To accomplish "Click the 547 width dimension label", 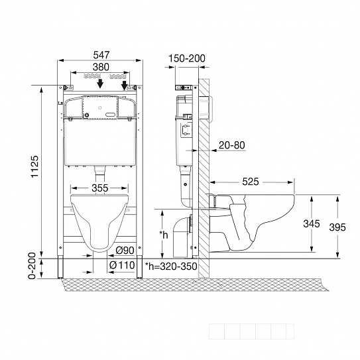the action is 101,55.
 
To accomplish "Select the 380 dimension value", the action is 101,67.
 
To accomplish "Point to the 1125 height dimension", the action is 35,166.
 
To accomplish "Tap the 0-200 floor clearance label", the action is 32,266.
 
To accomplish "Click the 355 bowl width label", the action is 100,188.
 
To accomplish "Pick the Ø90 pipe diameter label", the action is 125,251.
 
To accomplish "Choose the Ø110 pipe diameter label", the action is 122,265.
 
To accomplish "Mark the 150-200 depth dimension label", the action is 187,58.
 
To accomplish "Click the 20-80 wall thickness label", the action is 231,145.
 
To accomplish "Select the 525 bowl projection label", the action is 251,182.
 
